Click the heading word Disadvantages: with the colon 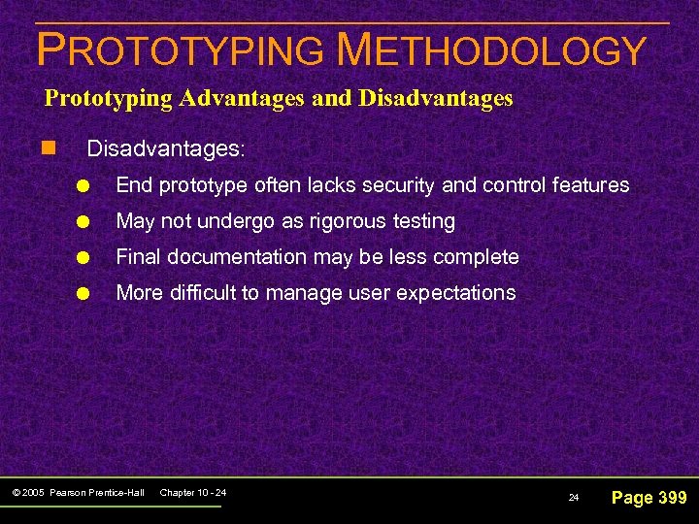166,150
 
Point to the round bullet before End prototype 86,186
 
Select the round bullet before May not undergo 86,222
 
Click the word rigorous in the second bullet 344,221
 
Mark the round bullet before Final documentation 86,258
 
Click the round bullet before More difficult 86,294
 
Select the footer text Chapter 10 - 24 192,493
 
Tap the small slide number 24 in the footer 573,498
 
